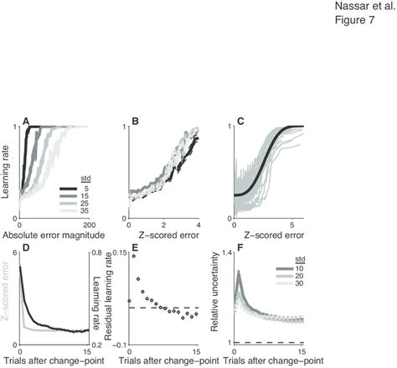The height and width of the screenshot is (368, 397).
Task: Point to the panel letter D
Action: point(27,248)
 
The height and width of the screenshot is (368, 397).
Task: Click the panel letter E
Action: point(133,248)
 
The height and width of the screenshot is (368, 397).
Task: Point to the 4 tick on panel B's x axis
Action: point(198,225)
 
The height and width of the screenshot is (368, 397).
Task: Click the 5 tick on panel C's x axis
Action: point(299,225)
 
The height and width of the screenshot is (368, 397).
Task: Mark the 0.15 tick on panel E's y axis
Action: point(116,252)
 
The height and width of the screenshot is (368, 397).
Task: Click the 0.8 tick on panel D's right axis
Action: point(97,252)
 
